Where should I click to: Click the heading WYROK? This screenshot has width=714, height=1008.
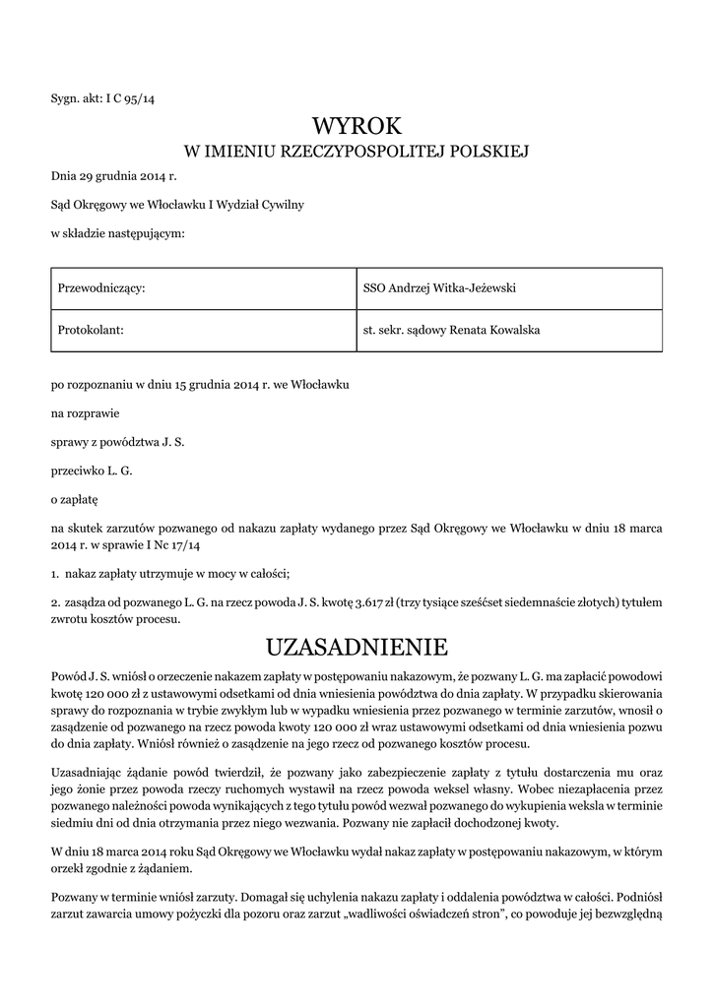click(x=357, y=126)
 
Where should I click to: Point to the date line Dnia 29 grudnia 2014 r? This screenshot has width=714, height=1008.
click(x=113, y=176)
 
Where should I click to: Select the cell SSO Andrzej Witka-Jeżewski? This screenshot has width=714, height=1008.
click(x=440, y=288)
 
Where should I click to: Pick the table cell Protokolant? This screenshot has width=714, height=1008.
click(x=91, y=330)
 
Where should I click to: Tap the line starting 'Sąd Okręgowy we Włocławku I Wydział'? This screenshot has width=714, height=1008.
click(x=177, y=205)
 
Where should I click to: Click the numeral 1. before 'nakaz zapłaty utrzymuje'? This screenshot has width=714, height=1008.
click(x=55, y=573)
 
